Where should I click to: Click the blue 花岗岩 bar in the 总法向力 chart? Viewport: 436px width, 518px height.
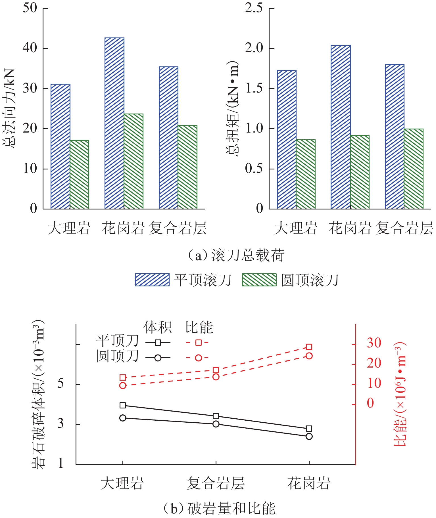click(114, 123)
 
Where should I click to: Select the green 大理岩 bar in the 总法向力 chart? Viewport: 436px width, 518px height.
click(80, 175)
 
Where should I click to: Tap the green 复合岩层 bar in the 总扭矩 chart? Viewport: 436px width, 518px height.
click(414, 169)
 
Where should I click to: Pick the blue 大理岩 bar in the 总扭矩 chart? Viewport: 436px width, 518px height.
click(287, 139)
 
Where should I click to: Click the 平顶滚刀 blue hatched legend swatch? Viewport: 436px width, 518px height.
click(152, 280)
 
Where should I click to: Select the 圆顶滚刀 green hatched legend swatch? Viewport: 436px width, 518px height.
click(259, 280)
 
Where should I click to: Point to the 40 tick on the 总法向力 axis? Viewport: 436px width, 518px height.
click(30, 48)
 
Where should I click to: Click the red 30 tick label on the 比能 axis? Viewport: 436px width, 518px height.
click(374, 343)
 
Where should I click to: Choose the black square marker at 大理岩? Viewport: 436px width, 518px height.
click(123, 405)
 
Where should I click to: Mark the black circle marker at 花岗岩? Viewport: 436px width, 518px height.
click(309, 436)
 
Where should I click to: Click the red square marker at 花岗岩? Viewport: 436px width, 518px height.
click(309, 347)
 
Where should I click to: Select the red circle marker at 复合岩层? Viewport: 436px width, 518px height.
click(216, 377)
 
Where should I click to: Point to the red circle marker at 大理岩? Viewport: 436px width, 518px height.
click(123, 385)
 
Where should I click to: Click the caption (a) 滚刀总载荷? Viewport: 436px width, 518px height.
click(236, 255)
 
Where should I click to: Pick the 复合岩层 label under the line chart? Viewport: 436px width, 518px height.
click(216, 483)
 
